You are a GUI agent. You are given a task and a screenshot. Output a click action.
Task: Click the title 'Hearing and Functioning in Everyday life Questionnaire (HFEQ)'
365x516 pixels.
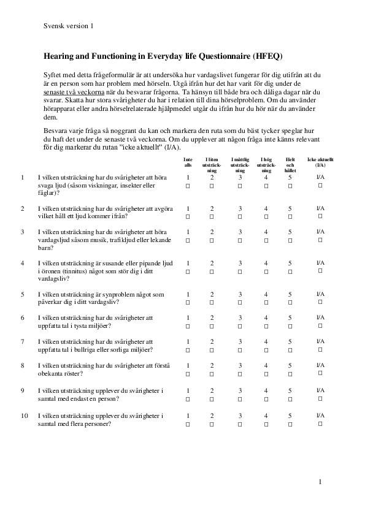[x=163, y=56]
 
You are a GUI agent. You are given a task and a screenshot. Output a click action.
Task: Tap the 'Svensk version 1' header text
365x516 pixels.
[x=69, y=26]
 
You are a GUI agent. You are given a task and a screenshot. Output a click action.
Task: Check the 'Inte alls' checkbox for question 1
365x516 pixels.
[x=188, y=185]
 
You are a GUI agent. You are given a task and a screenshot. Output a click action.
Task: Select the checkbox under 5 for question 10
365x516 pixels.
[x=290, y=423]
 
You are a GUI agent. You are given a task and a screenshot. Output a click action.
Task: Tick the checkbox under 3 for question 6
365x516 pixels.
[x=240, y=325]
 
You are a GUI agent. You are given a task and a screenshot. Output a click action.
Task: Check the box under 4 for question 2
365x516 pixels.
[x=266, y=216]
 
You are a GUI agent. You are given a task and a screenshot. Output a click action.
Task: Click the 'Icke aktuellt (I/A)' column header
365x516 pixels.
[x=320, y=162]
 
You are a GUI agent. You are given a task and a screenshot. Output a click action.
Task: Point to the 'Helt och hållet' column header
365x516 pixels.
[x=290, y=165]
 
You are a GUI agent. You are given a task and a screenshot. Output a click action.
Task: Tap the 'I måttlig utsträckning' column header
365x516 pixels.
[x=240, y=165]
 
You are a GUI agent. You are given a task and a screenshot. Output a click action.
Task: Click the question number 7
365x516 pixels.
[x=23, y=341]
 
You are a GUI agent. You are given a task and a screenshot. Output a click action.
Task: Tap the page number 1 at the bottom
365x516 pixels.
[x=320, y=482]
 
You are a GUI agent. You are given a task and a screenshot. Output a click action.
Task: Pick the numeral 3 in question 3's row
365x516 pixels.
[x=240, y=232]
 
